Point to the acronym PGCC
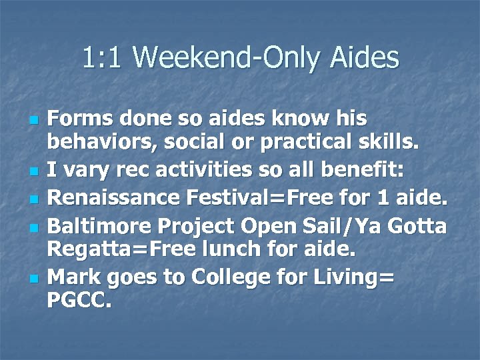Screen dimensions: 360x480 [79, 300]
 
